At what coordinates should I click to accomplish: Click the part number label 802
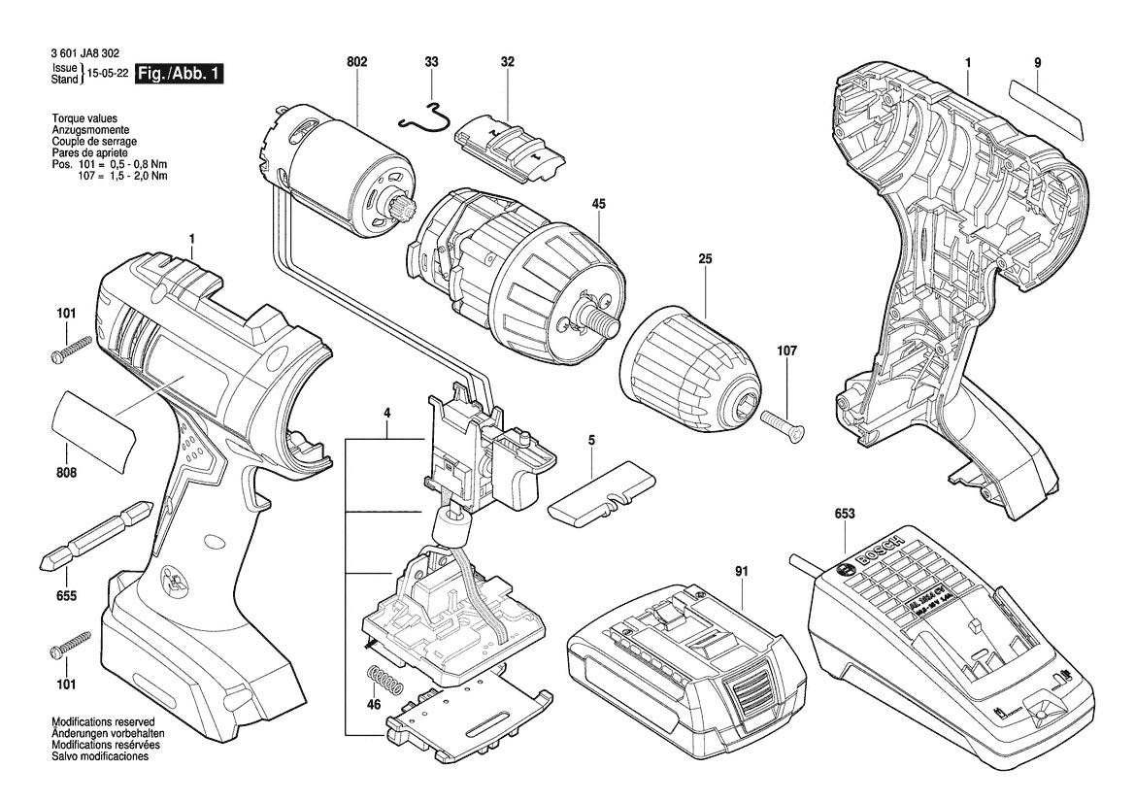tap(356, 62)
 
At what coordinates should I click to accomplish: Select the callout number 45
tap(599, 205)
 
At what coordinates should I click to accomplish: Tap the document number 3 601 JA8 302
tap(88, 58)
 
